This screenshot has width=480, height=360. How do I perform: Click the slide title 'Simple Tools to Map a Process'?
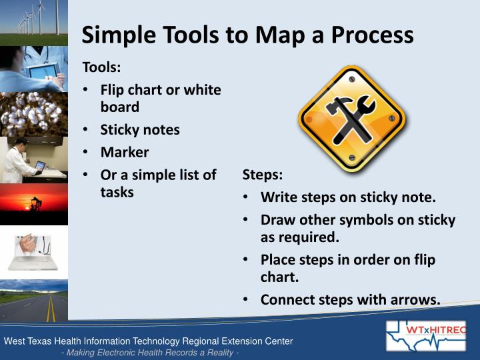coord(247,35)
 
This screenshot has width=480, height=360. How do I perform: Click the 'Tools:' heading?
coord(101,67)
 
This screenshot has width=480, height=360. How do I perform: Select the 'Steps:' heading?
coord(262,175)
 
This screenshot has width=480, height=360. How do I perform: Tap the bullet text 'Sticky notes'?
coord(140,129)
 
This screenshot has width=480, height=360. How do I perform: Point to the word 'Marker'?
coord(125,152)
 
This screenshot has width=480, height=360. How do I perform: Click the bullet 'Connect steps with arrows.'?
coord(350,299)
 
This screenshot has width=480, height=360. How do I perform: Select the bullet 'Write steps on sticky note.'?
coord(348,197)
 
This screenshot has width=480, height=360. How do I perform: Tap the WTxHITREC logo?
coord(426,335)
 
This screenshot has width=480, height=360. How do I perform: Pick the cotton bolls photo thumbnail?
coord(33,113)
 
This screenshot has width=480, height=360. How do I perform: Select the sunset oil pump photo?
coord(33,205)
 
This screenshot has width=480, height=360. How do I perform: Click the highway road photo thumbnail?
coord(33,300)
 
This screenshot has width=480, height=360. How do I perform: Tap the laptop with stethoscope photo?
coord(33,252)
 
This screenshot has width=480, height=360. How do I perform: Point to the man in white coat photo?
coord(33,159)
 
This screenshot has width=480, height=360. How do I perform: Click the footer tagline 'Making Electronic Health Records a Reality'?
coord(149,352)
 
